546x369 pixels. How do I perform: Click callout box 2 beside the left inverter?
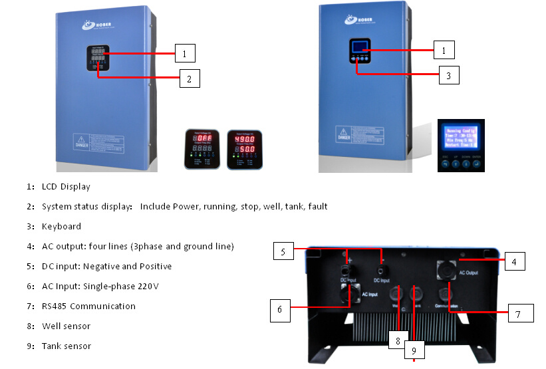pos(189,79)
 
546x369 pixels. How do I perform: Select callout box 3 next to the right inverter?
pos(448,75)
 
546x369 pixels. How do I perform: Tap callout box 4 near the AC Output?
pos(514,261)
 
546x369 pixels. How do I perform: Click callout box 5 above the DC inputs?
pos(282,252)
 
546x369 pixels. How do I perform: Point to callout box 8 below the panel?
pos(397,340)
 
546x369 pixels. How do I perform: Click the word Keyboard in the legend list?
pos(61,226)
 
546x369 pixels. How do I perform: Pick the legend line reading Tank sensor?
pos(66,346)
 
